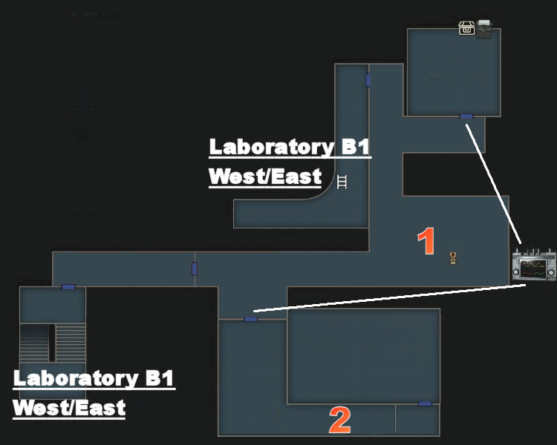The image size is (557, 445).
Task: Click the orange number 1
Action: (x=426, y=243)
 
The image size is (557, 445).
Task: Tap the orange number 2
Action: (x=339, y=421)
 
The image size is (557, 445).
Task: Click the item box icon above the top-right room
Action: (x=466, y=28)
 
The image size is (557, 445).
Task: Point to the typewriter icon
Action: (x=484, y=28)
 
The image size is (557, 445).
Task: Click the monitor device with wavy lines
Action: (x=534, y=266)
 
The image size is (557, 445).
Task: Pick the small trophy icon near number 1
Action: (x=453, y=258)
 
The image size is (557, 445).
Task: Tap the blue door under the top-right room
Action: (x=466, y=116)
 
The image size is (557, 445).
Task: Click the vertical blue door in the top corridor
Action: (x=368, y=80)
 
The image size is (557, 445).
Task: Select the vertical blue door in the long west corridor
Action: (x=195, y=268)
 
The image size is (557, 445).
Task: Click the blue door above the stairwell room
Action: (x=68, y=287)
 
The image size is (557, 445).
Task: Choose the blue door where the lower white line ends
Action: (x=251, y=319)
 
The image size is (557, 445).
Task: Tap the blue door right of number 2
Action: (x=425, y=403)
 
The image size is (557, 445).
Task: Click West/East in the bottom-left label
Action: (x=69, y=408)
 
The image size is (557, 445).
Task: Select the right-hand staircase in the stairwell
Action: (x=71, y=343)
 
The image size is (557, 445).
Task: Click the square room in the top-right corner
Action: (x=453, y=71)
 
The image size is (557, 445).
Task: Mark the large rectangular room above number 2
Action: (x=363, y=356)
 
